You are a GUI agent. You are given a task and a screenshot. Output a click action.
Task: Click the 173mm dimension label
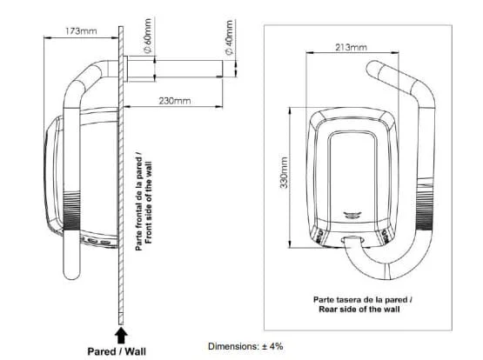(81, 31)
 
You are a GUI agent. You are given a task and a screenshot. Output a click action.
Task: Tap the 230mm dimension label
(175, 101)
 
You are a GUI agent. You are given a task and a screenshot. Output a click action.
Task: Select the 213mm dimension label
(352, 47)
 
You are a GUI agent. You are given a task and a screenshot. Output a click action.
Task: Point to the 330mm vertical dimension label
(284, 173)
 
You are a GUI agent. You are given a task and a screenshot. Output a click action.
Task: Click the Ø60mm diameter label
(148, 36)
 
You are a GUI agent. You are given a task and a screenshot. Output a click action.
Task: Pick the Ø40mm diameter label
(229, 37)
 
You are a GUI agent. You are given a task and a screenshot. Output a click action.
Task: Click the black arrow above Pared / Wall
(121, 336)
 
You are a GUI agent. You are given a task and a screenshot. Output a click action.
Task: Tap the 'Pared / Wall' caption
(117, 351)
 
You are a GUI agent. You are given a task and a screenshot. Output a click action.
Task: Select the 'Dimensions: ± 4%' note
(245, 346)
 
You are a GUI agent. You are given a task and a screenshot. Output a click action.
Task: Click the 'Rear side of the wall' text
(359, 309)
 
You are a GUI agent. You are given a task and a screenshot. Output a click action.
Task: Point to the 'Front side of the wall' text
(149, 203)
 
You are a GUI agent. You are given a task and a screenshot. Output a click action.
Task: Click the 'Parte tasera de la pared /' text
(363, 299)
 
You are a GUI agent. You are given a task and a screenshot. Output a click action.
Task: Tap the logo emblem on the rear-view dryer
(352, 216)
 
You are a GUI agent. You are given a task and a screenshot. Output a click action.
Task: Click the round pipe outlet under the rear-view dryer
(353, 239)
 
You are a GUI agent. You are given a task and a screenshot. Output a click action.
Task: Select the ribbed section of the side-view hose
(71, 211)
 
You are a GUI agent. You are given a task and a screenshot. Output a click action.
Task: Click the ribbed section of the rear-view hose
(425, 205)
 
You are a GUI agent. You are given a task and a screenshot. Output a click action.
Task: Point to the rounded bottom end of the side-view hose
(71, 274)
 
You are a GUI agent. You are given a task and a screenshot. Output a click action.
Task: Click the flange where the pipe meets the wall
(125, 69)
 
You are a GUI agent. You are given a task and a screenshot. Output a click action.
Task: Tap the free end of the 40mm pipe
(222, 69)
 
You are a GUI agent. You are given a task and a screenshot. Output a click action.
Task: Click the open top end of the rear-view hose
(372, 69)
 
